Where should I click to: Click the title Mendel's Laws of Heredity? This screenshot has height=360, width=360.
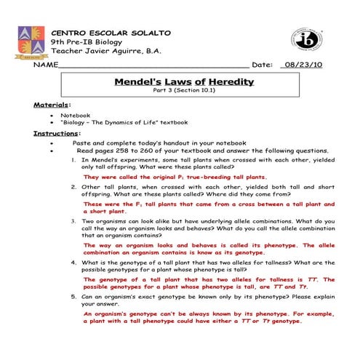[x=180, y=83]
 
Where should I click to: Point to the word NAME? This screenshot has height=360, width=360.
[x=45, y=65]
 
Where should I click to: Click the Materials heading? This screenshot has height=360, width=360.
[x=52, y=105]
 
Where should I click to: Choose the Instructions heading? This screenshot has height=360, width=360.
[x=56, y=133]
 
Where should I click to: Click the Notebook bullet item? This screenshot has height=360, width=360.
[x=76, y=114]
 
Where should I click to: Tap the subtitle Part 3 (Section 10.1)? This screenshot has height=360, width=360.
[x=180, y=92]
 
